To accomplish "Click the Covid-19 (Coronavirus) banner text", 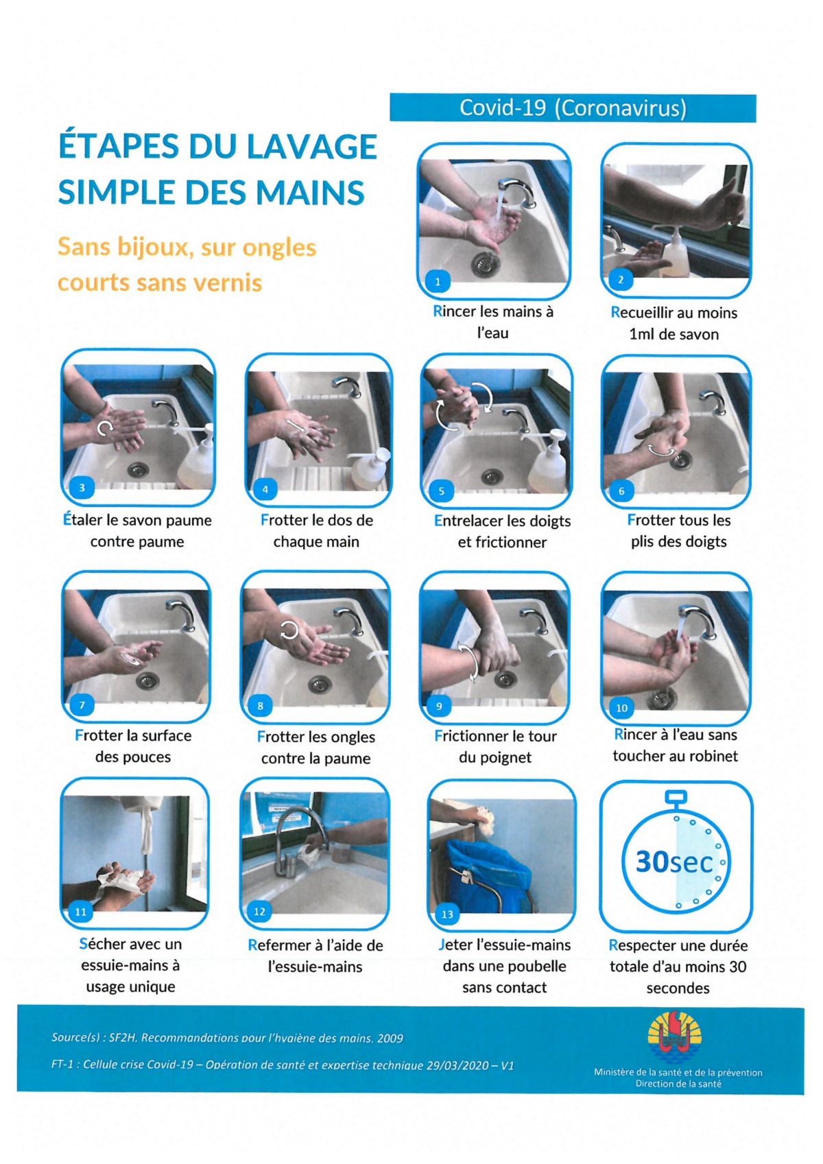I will coord(573,108).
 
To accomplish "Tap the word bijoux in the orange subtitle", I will coord(148,247).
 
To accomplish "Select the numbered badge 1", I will coord(438,281).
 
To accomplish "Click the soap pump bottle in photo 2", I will coord(676,254).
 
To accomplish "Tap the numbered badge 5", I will coord(441,491).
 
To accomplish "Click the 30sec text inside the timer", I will coord(674,862).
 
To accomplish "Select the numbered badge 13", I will coord(447,914).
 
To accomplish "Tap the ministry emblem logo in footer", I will coord(676,1037).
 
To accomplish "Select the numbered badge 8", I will coord(260,706).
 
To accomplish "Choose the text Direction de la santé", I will coord(678,1084).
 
